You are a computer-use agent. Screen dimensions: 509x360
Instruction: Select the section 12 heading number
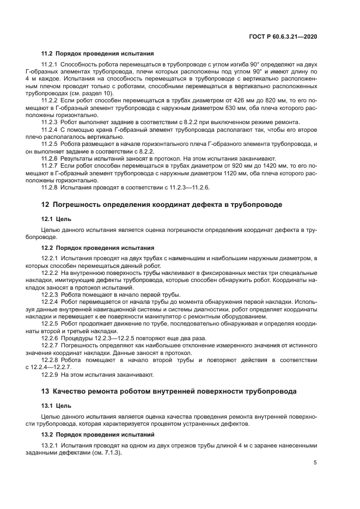[45, 204]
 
